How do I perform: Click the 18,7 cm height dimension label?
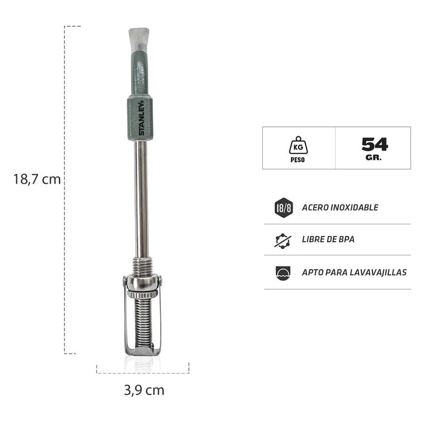point(37,179)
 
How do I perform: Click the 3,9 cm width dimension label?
point(144,390)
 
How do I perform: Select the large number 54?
point(375,144)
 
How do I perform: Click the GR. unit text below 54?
point(375,157)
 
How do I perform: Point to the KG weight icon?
point(298,144)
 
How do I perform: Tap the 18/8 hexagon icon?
point(283,207)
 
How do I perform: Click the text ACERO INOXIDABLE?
point(340,207)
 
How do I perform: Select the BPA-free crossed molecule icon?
point(283,240)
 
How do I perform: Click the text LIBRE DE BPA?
point(328,239)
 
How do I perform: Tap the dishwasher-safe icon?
point(283,273)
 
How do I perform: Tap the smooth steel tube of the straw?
point(141,200)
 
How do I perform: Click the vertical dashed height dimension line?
point(65,263)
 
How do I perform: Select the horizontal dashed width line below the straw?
point(143,373)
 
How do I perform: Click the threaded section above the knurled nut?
point(142,266)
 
